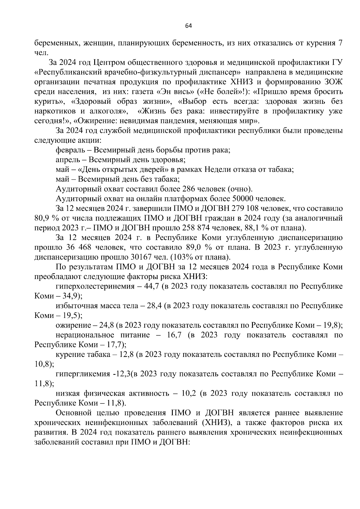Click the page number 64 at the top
pos(188,26)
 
